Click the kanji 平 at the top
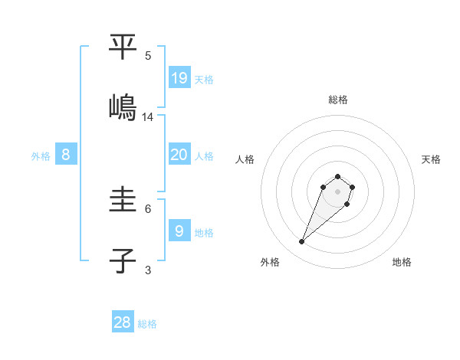(x=123, y=47)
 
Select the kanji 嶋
(x=123, y=106)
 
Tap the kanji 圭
(x=123, y=201)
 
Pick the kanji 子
(x=123, y=260)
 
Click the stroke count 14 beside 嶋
(x=148, y=117)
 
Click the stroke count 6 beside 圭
(x=148, y=208)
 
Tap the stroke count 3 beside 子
(x=148, y=270)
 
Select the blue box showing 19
(x=179, y=77)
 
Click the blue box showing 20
(x=179, y=155)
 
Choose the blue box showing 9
(x=179, y=230)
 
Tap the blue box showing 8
(x=66, y=155)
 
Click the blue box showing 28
(x=123, y=322)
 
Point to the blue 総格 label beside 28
(x=147, y=324)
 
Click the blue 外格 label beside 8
(x=41, y=156)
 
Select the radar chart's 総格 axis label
(x=338, y=100)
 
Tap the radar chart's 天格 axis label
(x=431, y=159)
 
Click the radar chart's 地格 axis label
(x=402, y=262)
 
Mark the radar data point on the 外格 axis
(x=302, y=242)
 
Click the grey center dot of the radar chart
(x=338, y=191)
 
